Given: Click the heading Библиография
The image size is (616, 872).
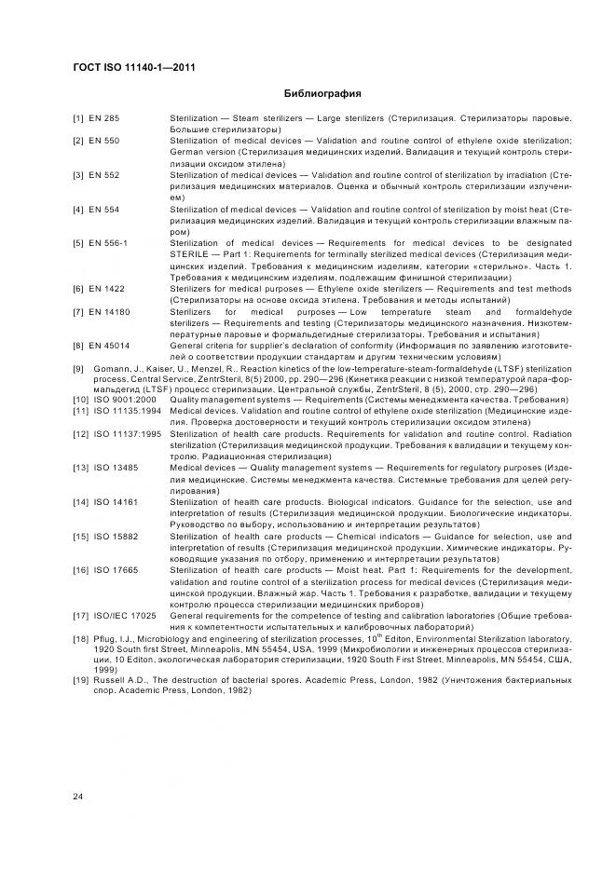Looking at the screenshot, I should pyautogui.click(x=322, y=94).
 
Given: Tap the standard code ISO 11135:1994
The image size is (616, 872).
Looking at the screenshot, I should pyautogui.click(x=128, y=410).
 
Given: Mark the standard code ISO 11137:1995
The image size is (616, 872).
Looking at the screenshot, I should pyautogui.click(x=128, y=433).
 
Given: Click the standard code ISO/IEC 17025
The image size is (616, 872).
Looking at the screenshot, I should pyautogui.click(x=124, y=615).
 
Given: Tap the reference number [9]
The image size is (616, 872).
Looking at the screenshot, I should pyautogui.click(x=78, y=368).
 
